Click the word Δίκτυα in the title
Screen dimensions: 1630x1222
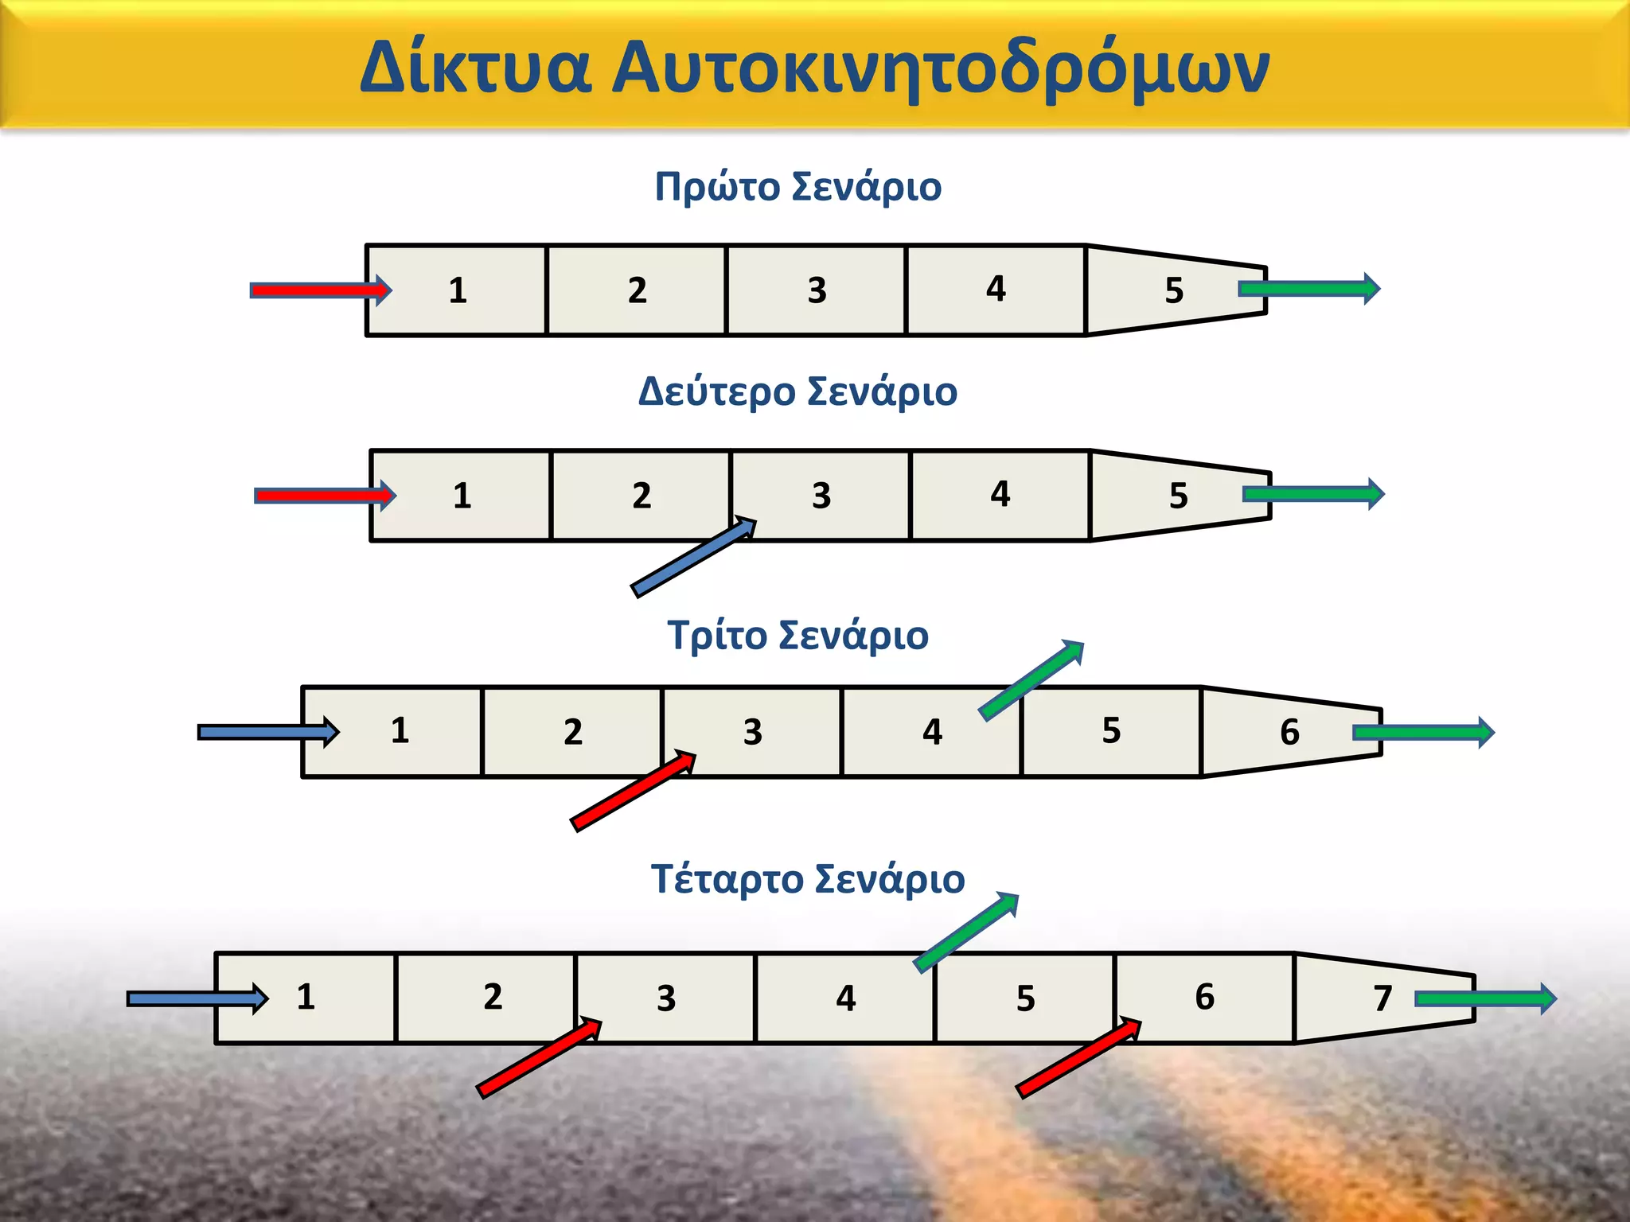coord(475,67)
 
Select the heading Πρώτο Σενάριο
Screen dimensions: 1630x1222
coord(797,188)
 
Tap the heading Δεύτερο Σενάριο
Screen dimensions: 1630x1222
coord(797,392)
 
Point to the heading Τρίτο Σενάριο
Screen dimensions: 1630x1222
coord(797,636)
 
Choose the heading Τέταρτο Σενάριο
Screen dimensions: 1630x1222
coord(807,880)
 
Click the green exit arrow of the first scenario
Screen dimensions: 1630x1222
coord(1309,289)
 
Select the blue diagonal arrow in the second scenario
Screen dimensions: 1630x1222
coord(692,556)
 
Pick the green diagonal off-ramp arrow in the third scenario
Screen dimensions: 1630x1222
coord(1031,680)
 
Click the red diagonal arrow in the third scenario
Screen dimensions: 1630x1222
coord(633,792)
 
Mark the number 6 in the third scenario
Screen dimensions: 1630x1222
coord(1289,732)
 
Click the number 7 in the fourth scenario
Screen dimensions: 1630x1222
coord(1382,998)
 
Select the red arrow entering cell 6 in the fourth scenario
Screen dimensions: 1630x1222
coord(1078,1058)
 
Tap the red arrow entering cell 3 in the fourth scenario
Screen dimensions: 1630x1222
coord(539,1058)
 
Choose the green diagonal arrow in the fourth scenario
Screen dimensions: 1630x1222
coord(966,932)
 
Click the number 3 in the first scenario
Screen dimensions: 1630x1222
coord(817,290)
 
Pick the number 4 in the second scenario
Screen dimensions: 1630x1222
coord(1000,494)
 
